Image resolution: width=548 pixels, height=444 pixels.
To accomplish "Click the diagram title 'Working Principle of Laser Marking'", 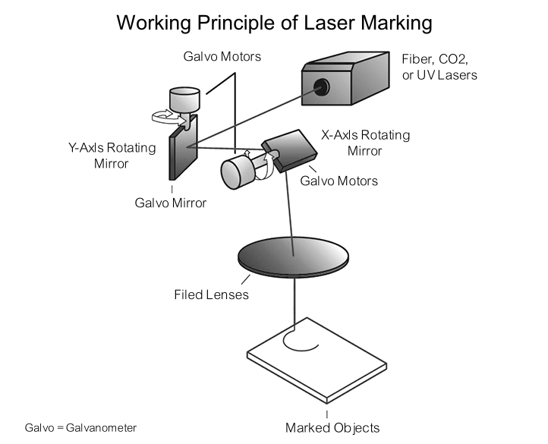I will coord(274,22).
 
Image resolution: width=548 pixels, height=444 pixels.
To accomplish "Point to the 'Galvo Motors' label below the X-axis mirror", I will coord(339,181).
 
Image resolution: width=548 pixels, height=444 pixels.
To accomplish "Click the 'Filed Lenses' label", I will coord(211,294).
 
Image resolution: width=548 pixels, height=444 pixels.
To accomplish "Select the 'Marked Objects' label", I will coord(332,427).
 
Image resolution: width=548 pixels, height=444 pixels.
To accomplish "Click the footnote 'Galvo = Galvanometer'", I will coord(80,428).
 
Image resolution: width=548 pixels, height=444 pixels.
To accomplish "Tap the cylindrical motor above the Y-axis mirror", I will coord(183,99).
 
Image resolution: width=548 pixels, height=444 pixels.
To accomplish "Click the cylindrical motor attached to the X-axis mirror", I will coord(238,172).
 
